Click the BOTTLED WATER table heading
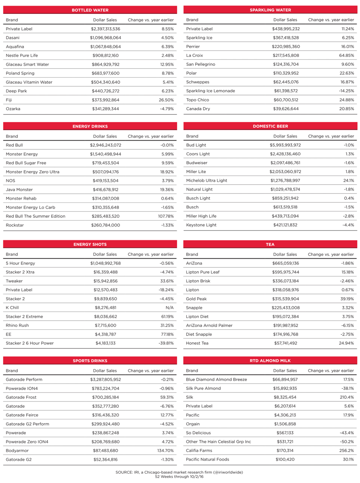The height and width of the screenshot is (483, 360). coord(90,10)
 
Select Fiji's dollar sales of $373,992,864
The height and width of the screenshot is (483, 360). coord(106,100)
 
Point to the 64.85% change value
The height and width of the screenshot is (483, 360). coord(347,55)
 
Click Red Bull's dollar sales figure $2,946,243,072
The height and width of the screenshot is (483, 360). coord(105,145)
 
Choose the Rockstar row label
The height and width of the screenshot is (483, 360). coord(15,225)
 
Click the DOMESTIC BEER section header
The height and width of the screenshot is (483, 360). coord(270,126)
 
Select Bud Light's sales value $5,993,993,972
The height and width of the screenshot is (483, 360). coord(285,145)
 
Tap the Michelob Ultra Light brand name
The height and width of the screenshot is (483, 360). coord(206,180)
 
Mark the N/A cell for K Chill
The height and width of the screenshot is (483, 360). coord(169,308)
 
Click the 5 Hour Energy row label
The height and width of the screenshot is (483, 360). coord(21,263)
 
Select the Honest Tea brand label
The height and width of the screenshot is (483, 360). coord(197,343)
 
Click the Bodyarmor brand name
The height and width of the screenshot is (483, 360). coord(17,451)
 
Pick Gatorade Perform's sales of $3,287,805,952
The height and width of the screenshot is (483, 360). coord(105,379)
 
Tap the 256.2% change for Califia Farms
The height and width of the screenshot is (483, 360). coord(347,450)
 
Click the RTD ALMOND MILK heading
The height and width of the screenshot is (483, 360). coord(270,361)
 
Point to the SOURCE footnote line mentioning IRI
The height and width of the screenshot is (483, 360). coord(179,472)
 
